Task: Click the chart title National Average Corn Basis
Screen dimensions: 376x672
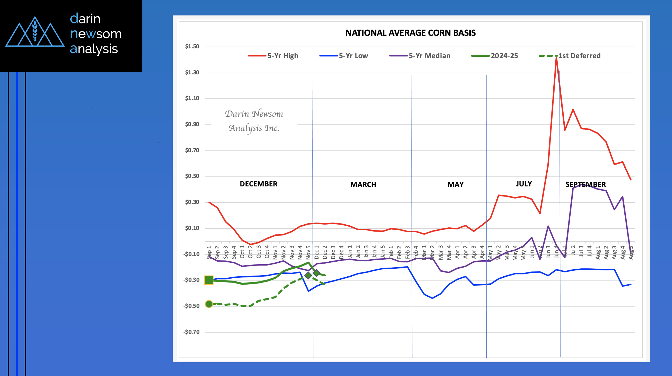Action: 410,33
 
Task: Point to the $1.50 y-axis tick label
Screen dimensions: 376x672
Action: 192,46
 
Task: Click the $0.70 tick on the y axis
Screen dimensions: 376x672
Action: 192,150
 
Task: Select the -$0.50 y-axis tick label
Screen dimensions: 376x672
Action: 192,306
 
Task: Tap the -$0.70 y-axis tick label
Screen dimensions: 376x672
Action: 192,332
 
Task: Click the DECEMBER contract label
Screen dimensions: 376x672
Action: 259,184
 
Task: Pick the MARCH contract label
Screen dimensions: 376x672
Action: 363,184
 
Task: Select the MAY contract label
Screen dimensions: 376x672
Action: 455,184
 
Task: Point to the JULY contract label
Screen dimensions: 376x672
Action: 524,184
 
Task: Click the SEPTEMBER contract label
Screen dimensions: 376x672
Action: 585,184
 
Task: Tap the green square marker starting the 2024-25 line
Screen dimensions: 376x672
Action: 209,280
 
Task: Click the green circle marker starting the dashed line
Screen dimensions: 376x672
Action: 209,304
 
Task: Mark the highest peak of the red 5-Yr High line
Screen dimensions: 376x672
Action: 556,57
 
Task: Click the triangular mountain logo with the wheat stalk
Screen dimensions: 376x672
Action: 35,33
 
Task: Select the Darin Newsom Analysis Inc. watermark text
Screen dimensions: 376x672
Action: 254,121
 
